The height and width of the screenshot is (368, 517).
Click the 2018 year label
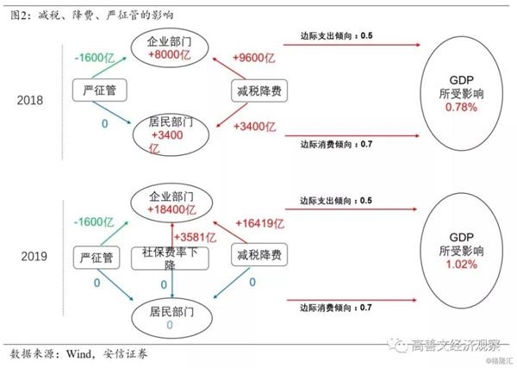[x=30, y=100]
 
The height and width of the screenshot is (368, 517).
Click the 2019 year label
[x=34, y=256]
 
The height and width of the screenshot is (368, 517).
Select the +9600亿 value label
[x=253, y=58]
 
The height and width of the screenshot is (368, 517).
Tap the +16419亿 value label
[x=259, y=223]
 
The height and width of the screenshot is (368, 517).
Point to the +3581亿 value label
[x=195, y=237]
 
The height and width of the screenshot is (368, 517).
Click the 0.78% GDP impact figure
[x=461, y=107]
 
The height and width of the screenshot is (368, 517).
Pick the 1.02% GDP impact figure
[x=462, y=265]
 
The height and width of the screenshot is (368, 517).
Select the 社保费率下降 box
[x=170, y=259]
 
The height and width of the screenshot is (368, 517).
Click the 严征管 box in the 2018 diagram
[x=100, y=90]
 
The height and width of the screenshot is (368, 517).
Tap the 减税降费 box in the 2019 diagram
[x=259, y=254]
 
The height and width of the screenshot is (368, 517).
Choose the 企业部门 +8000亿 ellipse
[x=170, y=47]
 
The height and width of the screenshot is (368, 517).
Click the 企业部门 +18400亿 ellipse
[x=171, y=203]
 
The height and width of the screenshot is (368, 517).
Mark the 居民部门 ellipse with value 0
[x=171, y=317]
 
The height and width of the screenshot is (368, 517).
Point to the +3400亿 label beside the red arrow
[x=254, y=127]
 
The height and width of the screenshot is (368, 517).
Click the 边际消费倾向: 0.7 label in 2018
[x=336, y=145]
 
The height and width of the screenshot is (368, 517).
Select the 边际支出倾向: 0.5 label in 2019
[x=336, y=201]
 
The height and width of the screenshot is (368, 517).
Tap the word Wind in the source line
[x=78, y=354]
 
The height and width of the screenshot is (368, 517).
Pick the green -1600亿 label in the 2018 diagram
[x=95, y=58]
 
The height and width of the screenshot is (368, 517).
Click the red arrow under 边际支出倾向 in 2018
[x=352, y=45]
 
